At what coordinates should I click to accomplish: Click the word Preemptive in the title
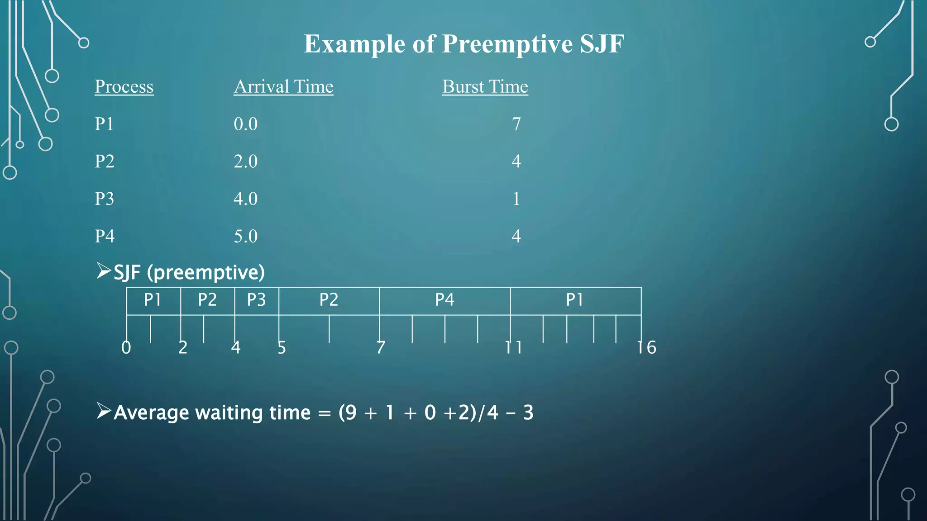tap(507, 44)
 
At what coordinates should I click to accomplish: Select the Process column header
tap(124, 86)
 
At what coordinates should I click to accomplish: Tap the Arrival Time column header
tap(283, 86)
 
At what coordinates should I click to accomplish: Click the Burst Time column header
tap(485, 86)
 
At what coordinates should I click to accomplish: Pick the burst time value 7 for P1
tap(516, 124)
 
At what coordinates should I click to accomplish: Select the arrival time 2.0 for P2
tap(245, 161)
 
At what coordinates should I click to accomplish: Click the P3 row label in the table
tap(104, 199)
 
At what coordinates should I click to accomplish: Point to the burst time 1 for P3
tap(516, 199)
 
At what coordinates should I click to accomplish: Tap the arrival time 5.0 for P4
tap(245, 236)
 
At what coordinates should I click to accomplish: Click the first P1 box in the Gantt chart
tap(153, 300)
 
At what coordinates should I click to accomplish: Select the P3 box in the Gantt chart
tap(256, 300)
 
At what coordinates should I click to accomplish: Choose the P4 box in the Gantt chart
tap(444, 300)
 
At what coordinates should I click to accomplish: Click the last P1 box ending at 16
tap(575, 300)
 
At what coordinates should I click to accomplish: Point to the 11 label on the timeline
tap(514, 347)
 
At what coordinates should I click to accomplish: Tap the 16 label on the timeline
tap(646, 347)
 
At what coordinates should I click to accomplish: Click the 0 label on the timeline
tap(126, 347)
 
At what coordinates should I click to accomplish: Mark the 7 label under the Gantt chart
tap(381, 347)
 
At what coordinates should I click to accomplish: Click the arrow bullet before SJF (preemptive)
tap(104, 271)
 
